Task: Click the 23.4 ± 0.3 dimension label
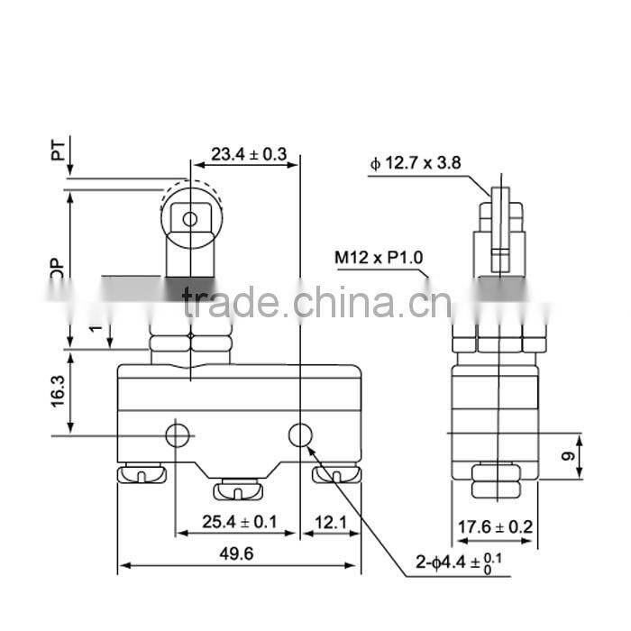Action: pyautogui.click(x=248, y=155)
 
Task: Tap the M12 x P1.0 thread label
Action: pyautogui.click(x=379, y=259)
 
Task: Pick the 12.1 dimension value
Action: pyautogui.click(x=329, y=522)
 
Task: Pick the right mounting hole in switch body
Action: pyautogui.click(x=300, y=436)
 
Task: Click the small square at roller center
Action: pyautogui.click(x=189, y=219)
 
